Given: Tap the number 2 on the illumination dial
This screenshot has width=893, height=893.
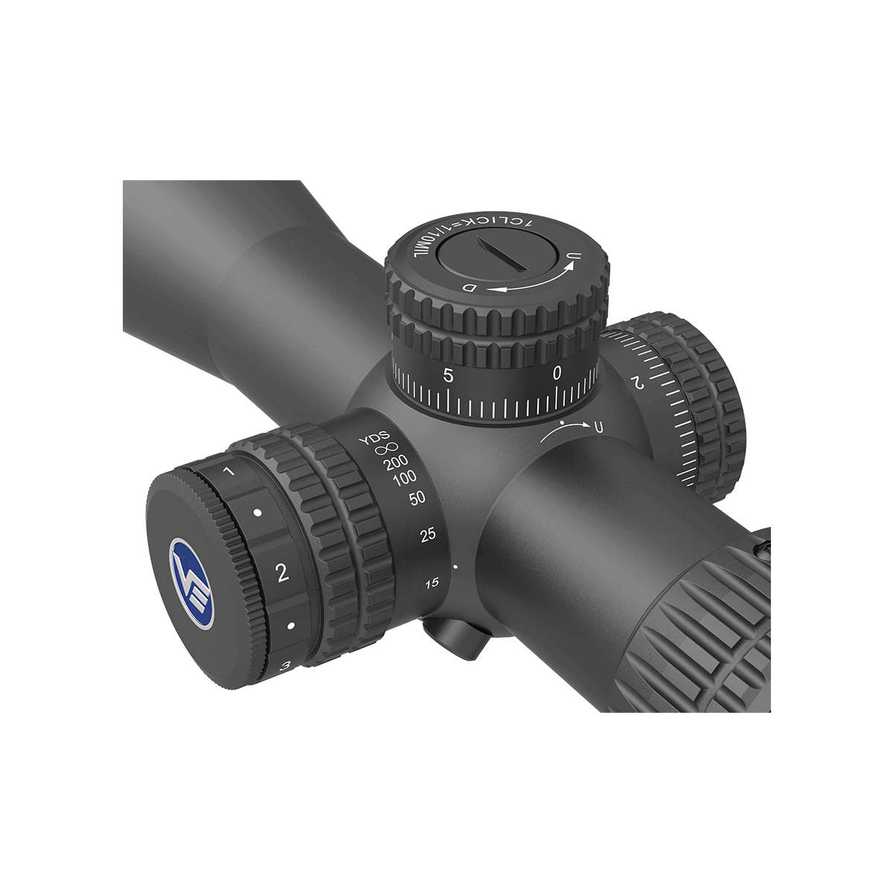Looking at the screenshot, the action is pos(282,573).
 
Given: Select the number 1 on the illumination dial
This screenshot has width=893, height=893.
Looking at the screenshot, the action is pos(228,472).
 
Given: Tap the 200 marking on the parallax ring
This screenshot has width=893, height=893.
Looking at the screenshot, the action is pos(395,463).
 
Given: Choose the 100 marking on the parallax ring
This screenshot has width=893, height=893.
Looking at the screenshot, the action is pos(405,478).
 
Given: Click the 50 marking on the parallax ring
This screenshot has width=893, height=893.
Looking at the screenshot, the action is pos(417,499).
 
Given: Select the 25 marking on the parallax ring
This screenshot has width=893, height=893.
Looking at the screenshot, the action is pos(428,535).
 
